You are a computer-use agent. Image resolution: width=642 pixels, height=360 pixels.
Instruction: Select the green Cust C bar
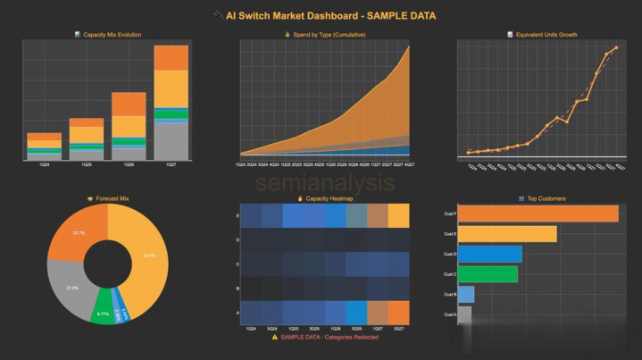tap(488, 273)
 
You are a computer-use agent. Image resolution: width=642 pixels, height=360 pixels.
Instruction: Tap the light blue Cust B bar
tap(466, 294)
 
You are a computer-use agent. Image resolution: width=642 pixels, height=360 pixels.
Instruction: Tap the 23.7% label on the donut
tap(79, 233)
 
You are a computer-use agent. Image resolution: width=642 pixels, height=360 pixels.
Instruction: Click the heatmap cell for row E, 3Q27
tap(398, 216)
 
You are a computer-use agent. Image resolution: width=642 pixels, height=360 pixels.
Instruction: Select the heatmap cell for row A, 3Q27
tap(398, 312)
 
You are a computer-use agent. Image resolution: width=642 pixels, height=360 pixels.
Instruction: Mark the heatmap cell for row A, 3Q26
tap(354, 312)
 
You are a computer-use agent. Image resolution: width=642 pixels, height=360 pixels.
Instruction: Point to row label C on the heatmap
tap(237, 264)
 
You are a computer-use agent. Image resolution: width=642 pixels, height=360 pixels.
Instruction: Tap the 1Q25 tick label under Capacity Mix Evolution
tap(87, 165)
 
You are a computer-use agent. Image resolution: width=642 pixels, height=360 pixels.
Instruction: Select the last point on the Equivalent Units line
tap(616, 47)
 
